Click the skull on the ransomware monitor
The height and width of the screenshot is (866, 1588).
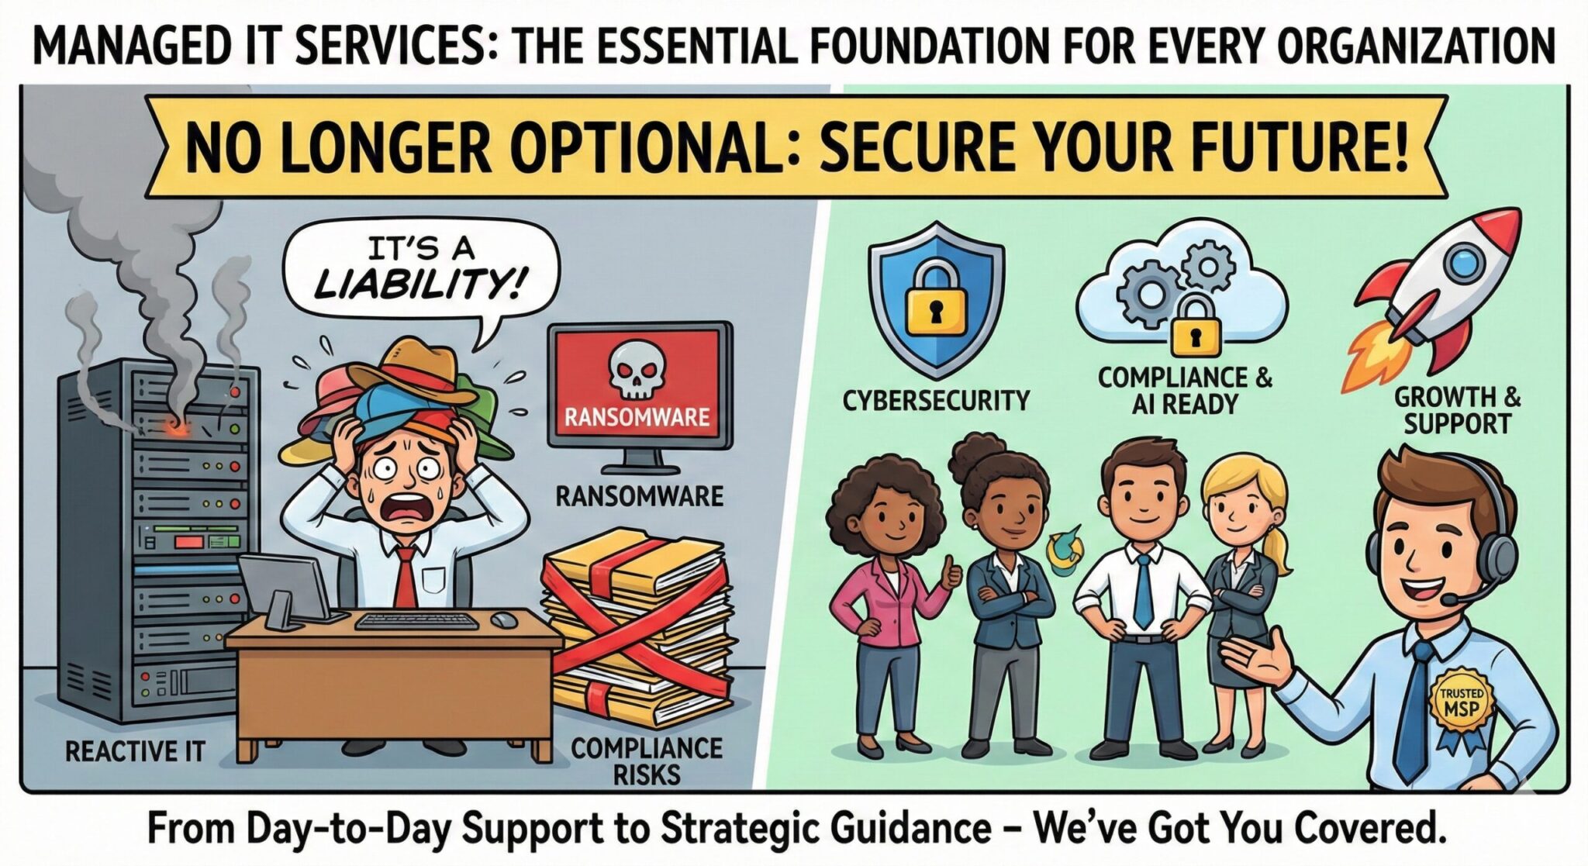pos(639,371)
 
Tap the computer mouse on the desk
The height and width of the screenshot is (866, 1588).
pos(504,619)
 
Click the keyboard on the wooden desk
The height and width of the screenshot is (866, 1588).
pos(415,622)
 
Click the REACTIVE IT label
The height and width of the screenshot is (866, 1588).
pos(136,750)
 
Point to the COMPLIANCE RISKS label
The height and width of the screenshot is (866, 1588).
pos(647,761)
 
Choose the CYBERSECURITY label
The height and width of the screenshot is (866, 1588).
pos(936,401)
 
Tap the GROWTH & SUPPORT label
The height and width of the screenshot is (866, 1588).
pos(1457,411)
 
